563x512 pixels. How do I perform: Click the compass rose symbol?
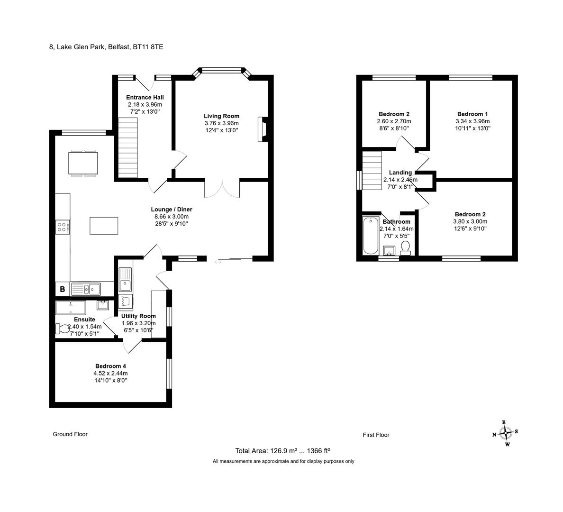[506, 433]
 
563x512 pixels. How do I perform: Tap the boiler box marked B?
[63, 289]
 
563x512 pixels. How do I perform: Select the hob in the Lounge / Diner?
[63, 227]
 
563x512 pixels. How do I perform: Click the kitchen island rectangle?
[104, 226]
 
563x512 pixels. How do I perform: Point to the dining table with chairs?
[83, 163]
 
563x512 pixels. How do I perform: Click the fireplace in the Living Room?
[263, 129]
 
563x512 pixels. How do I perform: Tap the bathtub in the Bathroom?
[371, 236]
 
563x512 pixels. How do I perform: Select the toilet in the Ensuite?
[62, 329]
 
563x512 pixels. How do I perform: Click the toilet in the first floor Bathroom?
[405, 248]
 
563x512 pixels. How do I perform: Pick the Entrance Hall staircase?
[128, 147]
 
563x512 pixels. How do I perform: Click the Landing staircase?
[372, 171]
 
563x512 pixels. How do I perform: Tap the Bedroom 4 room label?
[110, 366]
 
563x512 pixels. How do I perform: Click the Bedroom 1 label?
[472, 114]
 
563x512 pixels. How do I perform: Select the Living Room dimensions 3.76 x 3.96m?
[221, 123]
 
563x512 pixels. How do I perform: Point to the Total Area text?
[282, 451]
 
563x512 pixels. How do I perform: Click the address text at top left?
[106, 47]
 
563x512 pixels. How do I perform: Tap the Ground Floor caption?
[70, 434]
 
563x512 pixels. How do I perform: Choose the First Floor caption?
[376, 435]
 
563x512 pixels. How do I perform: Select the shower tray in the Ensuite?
[71, 308]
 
